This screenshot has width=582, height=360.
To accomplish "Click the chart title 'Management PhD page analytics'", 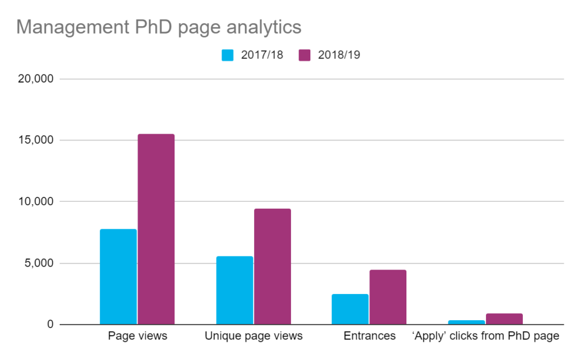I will (159, 27).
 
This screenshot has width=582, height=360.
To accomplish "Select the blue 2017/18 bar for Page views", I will (118, 276).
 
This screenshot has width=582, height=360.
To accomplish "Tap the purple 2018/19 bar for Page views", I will (156, 229).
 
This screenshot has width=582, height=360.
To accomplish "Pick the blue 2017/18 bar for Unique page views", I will (235, 290).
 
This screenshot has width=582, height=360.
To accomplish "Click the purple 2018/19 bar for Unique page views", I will (272, 266).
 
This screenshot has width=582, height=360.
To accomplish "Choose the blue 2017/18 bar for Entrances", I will (350, 309).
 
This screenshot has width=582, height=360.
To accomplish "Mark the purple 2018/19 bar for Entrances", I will (388, 297).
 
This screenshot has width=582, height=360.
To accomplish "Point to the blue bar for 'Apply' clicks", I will (466, 322).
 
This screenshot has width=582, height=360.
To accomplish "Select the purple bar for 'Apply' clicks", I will (504, 319).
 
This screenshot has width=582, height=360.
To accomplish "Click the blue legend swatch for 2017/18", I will (227, 55).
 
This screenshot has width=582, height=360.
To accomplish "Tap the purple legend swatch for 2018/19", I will (305, 55).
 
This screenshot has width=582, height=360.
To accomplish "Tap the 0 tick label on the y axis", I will (49, 325).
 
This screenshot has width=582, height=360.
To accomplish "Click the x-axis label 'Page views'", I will (138, 336).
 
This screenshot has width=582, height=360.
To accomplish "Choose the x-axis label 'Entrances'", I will (369, 336).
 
